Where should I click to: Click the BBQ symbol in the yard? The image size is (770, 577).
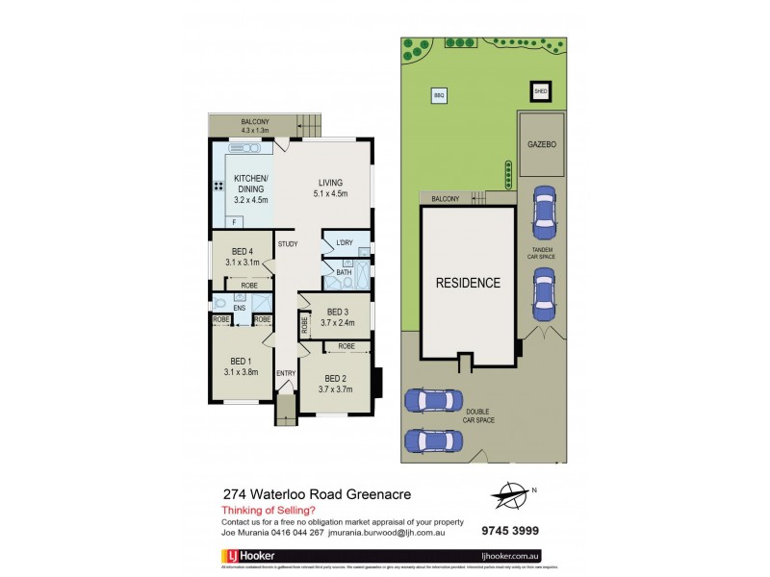439,96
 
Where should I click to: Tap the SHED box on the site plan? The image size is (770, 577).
540,92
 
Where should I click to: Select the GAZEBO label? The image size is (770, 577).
542,143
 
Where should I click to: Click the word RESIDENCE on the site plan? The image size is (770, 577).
469,284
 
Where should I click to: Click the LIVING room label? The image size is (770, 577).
328,182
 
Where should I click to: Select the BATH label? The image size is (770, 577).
344,272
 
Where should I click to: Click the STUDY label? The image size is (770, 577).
288,244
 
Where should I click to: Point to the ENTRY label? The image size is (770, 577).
286,373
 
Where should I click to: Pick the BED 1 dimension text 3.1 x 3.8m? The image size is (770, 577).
241,372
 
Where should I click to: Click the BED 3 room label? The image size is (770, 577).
337,312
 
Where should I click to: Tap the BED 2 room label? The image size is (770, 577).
335,378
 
